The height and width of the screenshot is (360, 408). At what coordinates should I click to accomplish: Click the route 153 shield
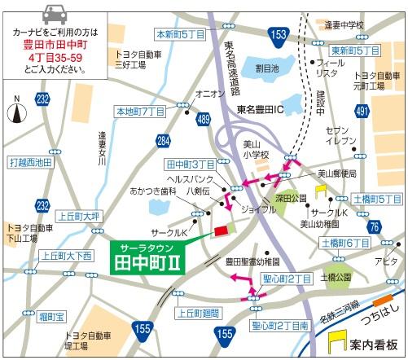[x=279, y=34]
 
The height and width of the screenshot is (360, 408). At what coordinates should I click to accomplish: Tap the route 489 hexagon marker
[x=203, y=120]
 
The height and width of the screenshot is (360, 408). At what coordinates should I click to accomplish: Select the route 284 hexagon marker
[x=164, y=142]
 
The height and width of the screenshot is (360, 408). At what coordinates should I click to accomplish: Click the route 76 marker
[x=373, y=226]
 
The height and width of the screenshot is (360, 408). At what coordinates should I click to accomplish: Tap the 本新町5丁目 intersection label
[x=180, y=34]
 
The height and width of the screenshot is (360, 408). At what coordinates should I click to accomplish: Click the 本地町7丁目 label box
[x=140, y=111]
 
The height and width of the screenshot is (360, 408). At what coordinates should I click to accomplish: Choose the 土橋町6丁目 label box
[x=345, y=243]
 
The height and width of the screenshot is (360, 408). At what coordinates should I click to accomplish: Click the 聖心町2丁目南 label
[x=279, y=326]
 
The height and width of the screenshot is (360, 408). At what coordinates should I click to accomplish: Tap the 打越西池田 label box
[x=29, y=163]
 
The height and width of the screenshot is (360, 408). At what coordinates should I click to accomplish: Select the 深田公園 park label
[x=291, y=197]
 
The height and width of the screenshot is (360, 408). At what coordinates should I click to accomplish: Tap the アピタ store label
[x=385, y=261]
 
